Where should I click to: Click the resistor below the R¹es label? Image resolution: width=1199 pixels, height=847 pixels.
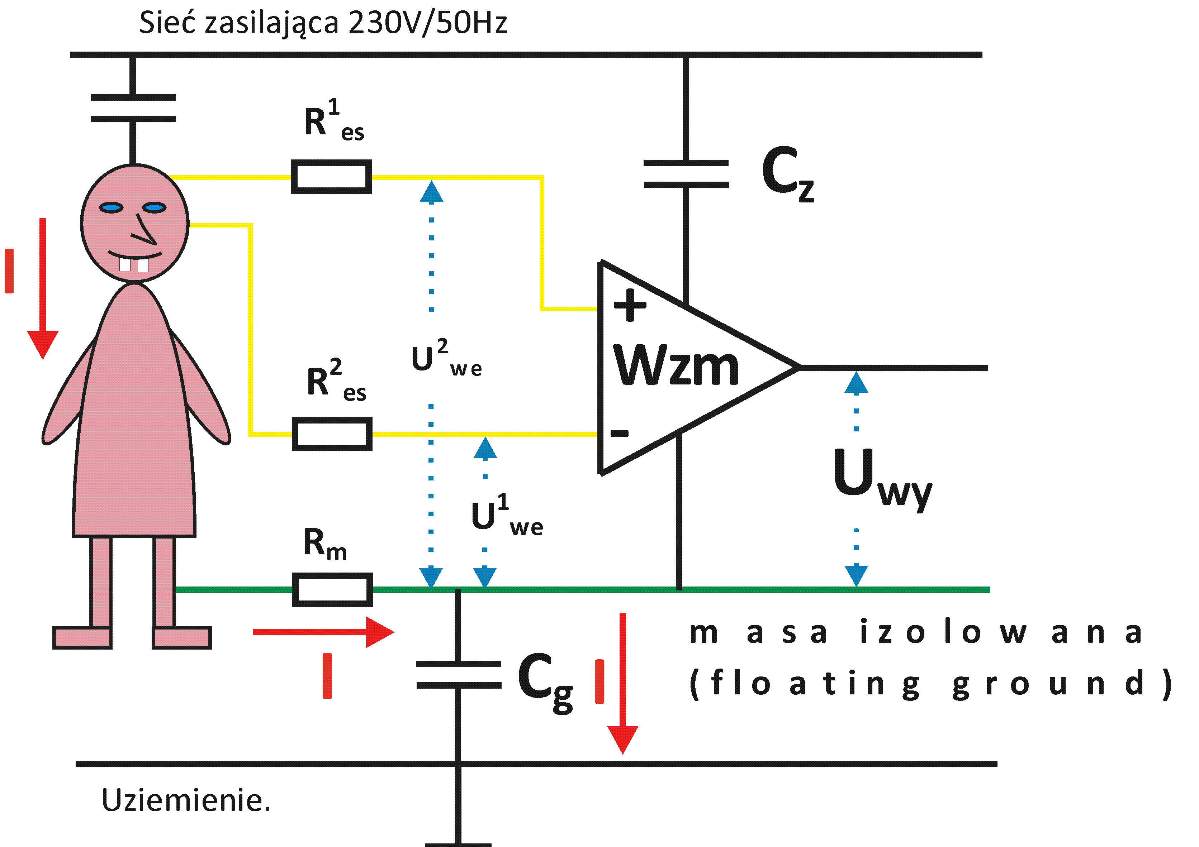331,177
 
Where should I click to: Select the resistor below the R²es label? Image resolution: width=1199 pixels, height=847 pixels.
332,434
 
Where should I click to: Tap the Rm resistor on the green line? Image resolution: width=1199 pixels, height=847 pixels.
332,590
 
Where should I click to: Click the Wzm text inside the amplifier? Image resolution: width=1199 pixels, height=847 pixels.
676,367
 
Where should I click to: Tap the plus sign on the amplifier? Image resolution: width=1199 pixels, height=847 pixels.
630,305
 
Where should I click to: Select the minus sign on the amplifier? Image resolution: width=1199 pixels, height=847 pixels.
620,432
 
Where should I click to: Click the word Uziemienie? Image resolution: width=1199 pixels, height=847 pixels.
186,800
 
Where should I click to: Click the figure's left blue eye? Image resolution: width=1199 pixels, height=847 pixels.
111,208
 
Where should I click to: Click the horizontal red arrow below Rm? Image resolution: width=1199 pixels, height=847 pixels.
323,632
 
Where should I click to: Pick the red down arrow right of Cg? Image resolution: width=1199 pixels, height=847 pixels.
622,683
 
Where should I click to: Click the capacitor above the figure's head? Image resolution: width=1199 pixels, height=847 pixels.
133,108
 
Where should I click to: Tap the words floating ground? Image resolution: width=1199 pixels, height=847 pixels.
929,684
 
